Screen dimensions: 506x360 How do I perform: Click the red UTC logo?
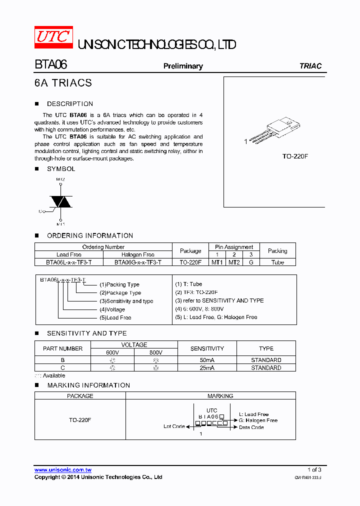(x=53, y=37)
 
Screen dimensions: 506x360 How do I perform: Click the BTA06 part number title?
(x=50, y=65)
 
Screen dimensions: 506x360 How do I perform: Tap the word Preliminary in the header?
(x=183, y=66)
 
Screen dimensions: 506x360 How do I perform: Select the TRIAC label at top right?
(x=310, y=66)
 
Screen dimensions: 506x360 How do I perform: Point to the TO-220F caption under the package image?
(x=295, y=156)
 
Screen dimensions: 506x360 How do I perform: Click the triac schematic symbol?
(x=60, y=201)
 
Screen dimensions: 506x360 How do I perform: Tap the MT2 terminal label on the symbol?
(x=60, y=179)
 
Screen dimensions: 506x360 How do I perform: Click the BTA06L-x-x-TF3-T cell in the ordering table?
(x=69, y=262)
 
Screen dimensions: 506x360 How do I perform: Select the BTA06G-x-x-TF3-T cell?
(x=138, y=262)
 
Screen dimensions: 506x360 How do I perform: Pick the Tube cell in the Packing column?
(x=277, y=262)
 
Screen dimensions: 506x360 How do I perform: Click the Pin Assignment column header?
(x=234, y=247)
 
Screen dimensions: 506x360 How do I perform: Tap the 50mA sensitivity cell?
(x=207, y=360)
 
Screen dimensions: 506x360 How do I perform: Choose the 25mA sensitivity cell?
(x=207, y=367)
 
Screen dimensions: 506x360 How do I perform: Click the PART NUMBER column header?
(x=63, y=348)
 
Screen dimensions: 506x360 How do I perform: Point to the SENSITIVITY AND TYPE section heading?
(x=86, y=333)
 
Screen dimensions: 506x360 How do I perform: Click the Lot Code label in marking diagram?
(x=174, y=426)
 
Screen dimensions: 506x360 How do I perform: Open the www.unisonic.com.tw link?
(x=62, y=470)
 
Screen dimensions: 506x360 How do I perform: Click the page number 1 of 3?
(x=314, y=469)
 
